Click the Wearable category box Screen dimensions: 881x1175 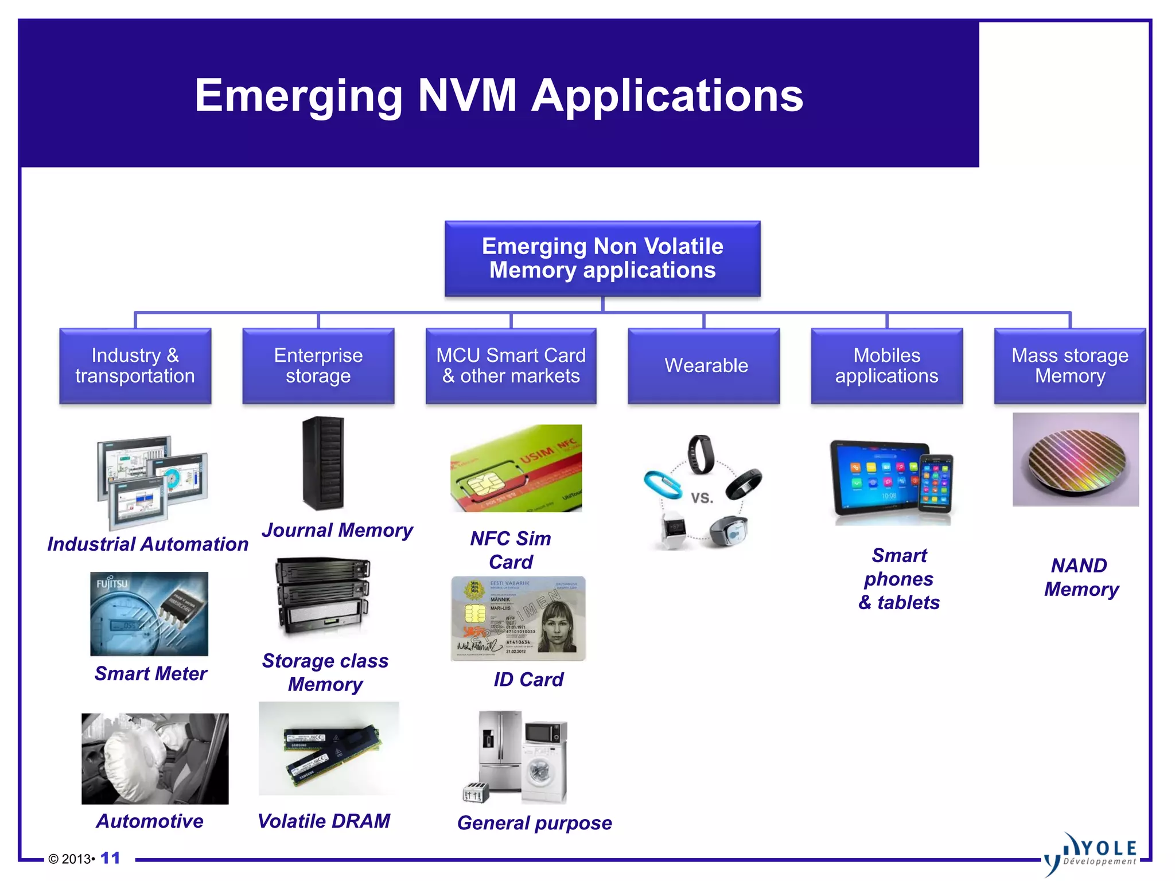click(x=703, y=365)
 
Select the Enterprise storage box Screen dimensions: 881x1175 click(x=318, y=365)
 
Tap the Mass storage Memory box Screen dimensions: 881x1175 click(x=1069, y=365)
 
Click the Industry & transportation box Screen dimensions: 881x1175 click(x=135, y=365)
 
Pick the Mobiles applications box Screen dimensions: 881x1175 click(x=886, y=365)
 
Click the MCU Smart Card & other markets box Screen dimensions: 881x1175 click(x=511, y=365)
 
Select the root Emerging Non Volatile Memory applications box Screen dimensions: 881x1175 click(x=602, y=258)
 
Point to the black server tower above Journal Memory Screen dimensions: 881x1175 click(x=323, y=463)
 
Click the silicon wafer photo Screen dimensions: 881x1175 click(x=1075, y=459)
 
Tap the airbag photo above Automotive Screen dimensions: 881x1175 click(x=155, y=758)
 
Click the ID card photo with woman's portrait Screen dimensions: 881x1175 click(x=518, y=619)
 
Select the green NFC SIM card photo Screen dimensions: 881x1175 click(x=516, y=469)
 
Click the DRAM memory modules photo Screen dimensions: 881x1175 click(x=329, y=749)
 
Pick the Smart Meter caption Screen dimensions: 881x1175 click(x=150, y=673)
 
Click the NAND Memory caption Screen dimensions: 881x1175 click(x=1080, y=578)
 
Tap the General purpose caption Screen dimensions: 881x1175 click(x=534, y=823)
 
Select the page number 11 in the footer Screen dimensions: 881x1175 click(x=110, y=858)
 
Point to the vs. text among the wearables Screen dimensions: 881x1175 click(x=702, y=497)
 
